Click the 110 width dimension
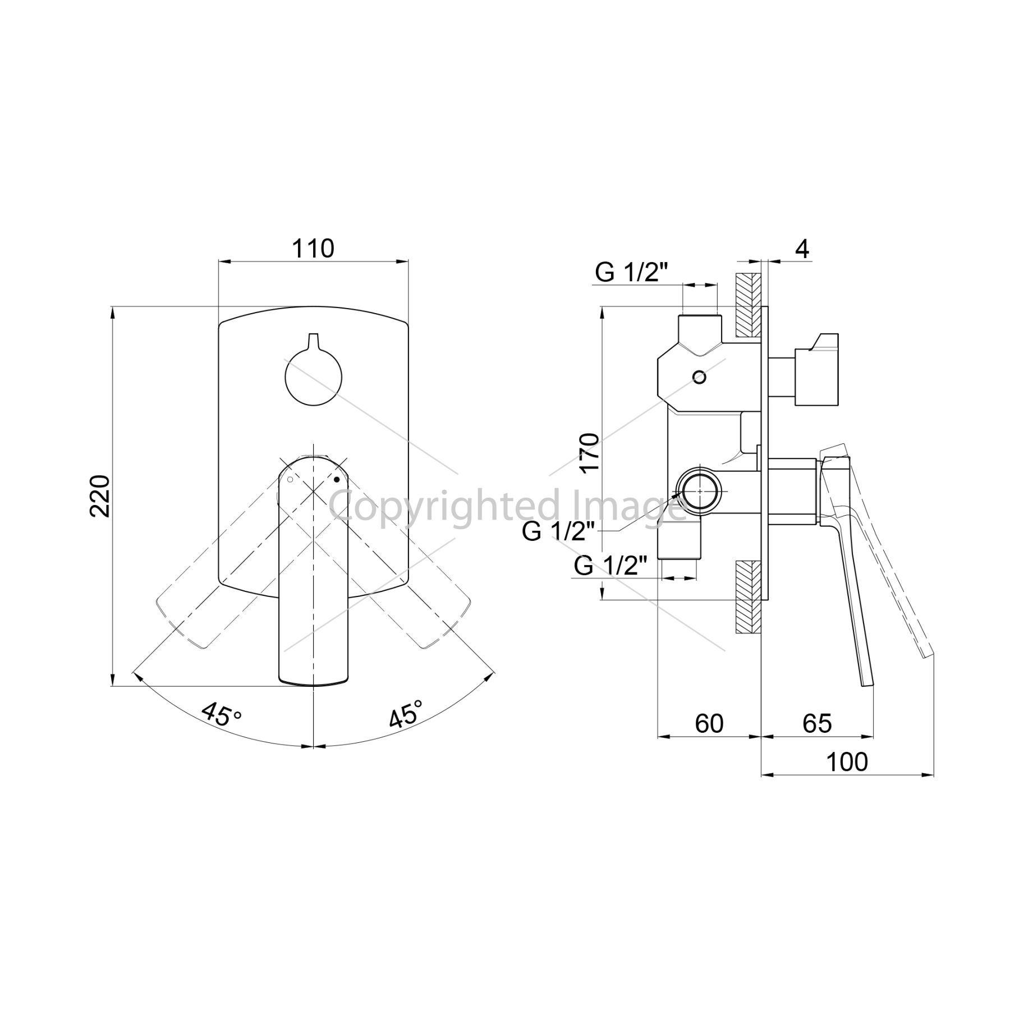pos(313,249)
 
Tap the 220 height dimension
pos(101,495)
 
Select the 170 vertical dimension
pos(590,453)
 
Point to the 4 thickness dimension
pos(802,249)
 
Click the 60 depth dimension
pos(709,723)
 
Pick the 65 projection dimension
pos(816,723)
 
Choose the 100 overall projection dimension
pos(847,761)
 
